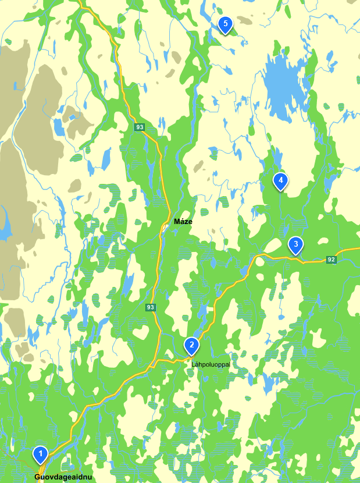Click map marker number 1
coord(40,453)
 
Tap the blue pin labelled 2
coord(191,345)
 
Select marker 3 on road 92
coord(295,244)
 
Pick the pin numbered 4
coord(280,181)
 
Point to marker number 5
coord(225,24)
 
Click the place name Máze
coord(183,222)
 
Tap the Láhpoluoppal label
coord(211,364)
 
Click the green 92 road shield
coord(331,260)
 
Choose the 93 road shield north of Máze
coord(139,127)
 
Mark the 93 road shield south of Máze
coord(151,307)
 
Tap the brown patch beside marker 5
coord(244,20)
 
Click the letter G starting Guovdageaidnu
coord(37,477)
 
